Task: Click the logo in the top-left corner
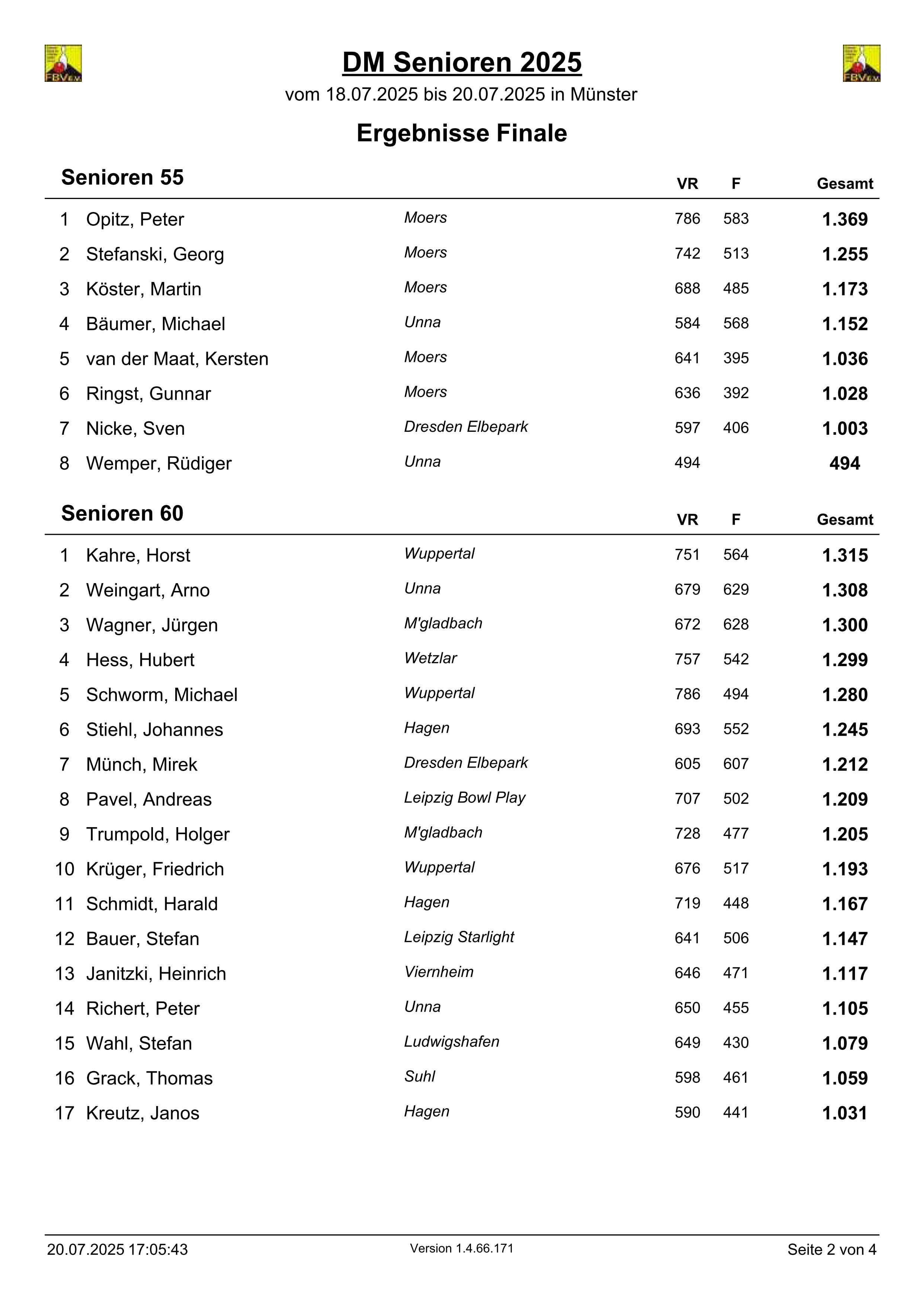point(63,63)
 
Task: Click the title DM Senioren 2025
point(461,62)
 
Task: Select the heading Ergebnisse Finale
point(461,133)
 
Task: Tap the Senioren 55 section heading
point(122,177)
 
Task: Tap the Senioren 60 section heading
point(122,513)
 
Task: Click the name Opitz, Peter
point(135,219)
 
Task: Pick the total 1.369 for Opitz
point(845,219)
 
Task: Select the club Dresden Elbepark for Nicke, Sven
point(466,427)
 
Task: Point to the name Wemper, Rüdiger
point(158,463)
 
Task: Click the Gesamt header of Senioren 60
point(845,520)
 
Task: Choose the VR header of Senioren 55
point(687,184)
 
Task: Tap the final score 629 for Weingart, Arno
point(736,589)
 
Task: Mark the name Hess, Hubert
point(140,660)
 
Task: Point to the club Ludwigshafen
point(452,1041)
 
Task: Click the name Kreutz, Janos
point(142,1113)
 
